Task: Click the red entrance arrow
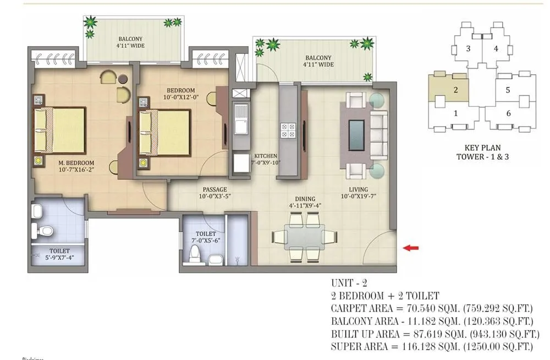pos(410,248)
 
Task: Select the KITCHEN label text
pos(265,156)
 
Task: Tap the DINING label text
pos(305,199)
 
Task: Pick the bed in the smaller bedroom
pos(164,132)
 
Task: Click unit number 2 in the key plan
pos(456,89)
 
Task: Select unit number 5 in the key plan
pos(508,89)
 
